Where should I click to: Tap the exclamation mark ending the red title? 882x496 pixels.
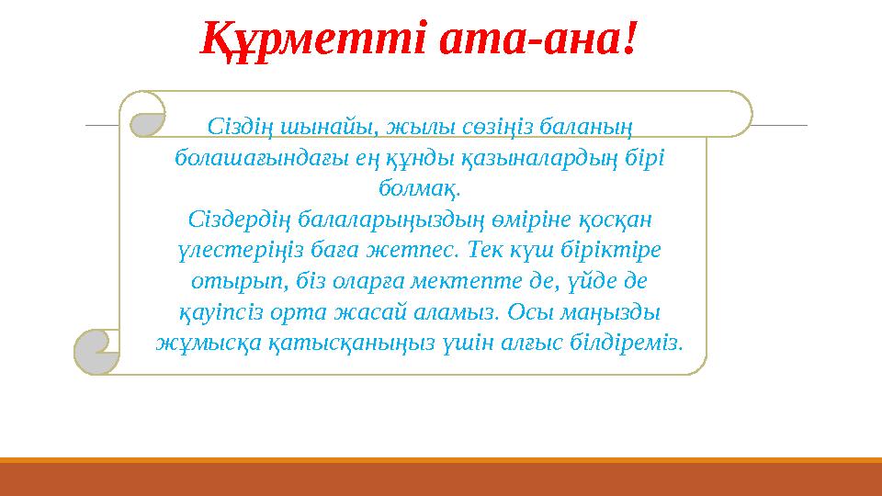pos(628,39)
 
